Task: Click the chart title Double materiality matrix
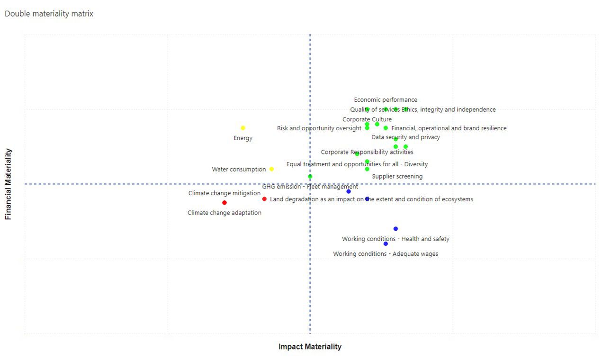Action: pyautogui.click(x=49, y=14)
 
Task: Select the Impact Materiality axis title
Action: pyautogui.click(x=310, y=347)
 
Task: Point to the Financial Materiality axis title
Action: pyautogui.click(x=9, y=184)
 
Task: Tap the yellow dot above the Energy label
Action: pyautogui.click(x=243, y=128)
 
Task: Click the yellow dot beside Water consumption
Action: pyautogui.click(x=271, y=169)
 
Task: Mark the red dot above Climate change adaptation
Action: pyautogui.click(x=225, y=203)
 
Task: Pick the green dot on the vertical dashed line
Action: pyautogui.click(x=310, y=177)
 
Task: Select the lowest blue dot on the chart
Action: pyautogui.click(x=386, y=244)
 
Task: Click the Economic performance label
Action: pyautogui.click(x=386, y=100)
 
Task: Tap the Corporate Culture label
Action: pyautogui.click(x=367, y=119)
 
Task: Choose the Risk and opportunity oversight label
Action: pyautogui.click(x=319, y=128)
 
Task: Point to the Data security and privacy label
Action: pyautogui.click(x=405, y=137)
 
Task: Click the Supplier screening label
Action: pyautogui.click(x=397, y=177)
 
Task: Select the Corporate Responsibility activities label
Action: pyautogui.click(x=367, y=153)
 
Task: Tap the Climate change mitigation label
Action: pyautogui.click(x=225, y=193)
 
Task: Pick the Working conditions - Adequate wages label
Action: pyautogui.click(x=386, y=254)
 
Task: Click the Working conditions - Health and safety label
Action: pyautogui.click(x=395, y=239)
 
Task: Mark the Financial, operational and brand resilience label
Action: pyautogui.click(x=449, y=128)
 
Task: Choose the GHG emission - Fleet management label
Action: pyautogui.click(x=310, y=187)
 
